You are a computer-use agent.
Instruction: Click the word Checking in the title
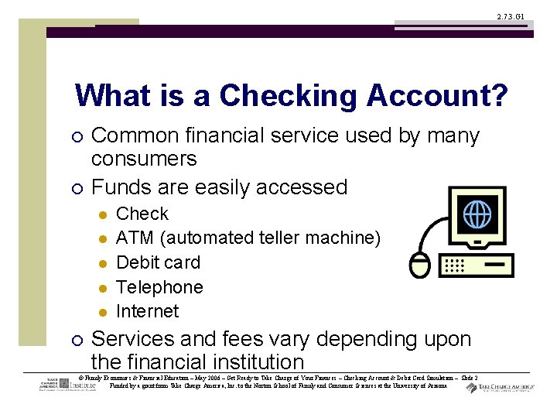290,97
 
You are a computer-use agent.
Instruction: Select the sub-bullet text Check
142,214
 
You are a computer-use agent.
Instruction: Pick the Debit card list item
158,263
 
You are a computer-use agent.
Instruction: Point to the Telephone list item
159,287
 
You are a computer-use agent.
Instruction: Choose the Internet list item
147,311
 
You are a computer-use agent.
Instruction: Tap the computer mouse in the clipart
420,265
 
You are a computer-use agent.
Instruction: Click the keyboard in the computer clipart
475,265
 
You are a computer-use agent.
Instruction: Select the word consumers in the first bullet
144,159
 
